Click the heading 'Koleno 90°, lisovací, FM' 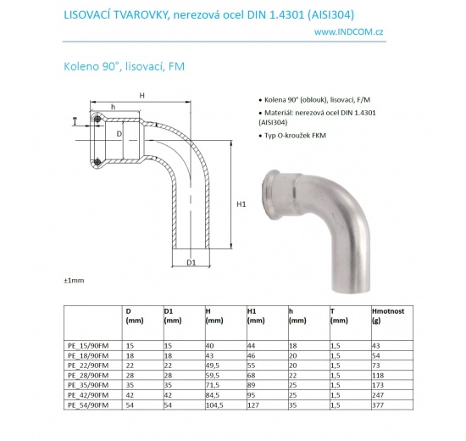point(121,65)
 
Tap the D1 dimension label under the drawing point(191,263)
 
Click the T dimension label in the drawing point(75,121)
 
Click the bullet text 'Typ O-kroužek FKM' point(291,135)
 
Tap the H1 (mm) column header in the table point(257,315)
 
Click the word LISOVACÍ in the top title point(87,13)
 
